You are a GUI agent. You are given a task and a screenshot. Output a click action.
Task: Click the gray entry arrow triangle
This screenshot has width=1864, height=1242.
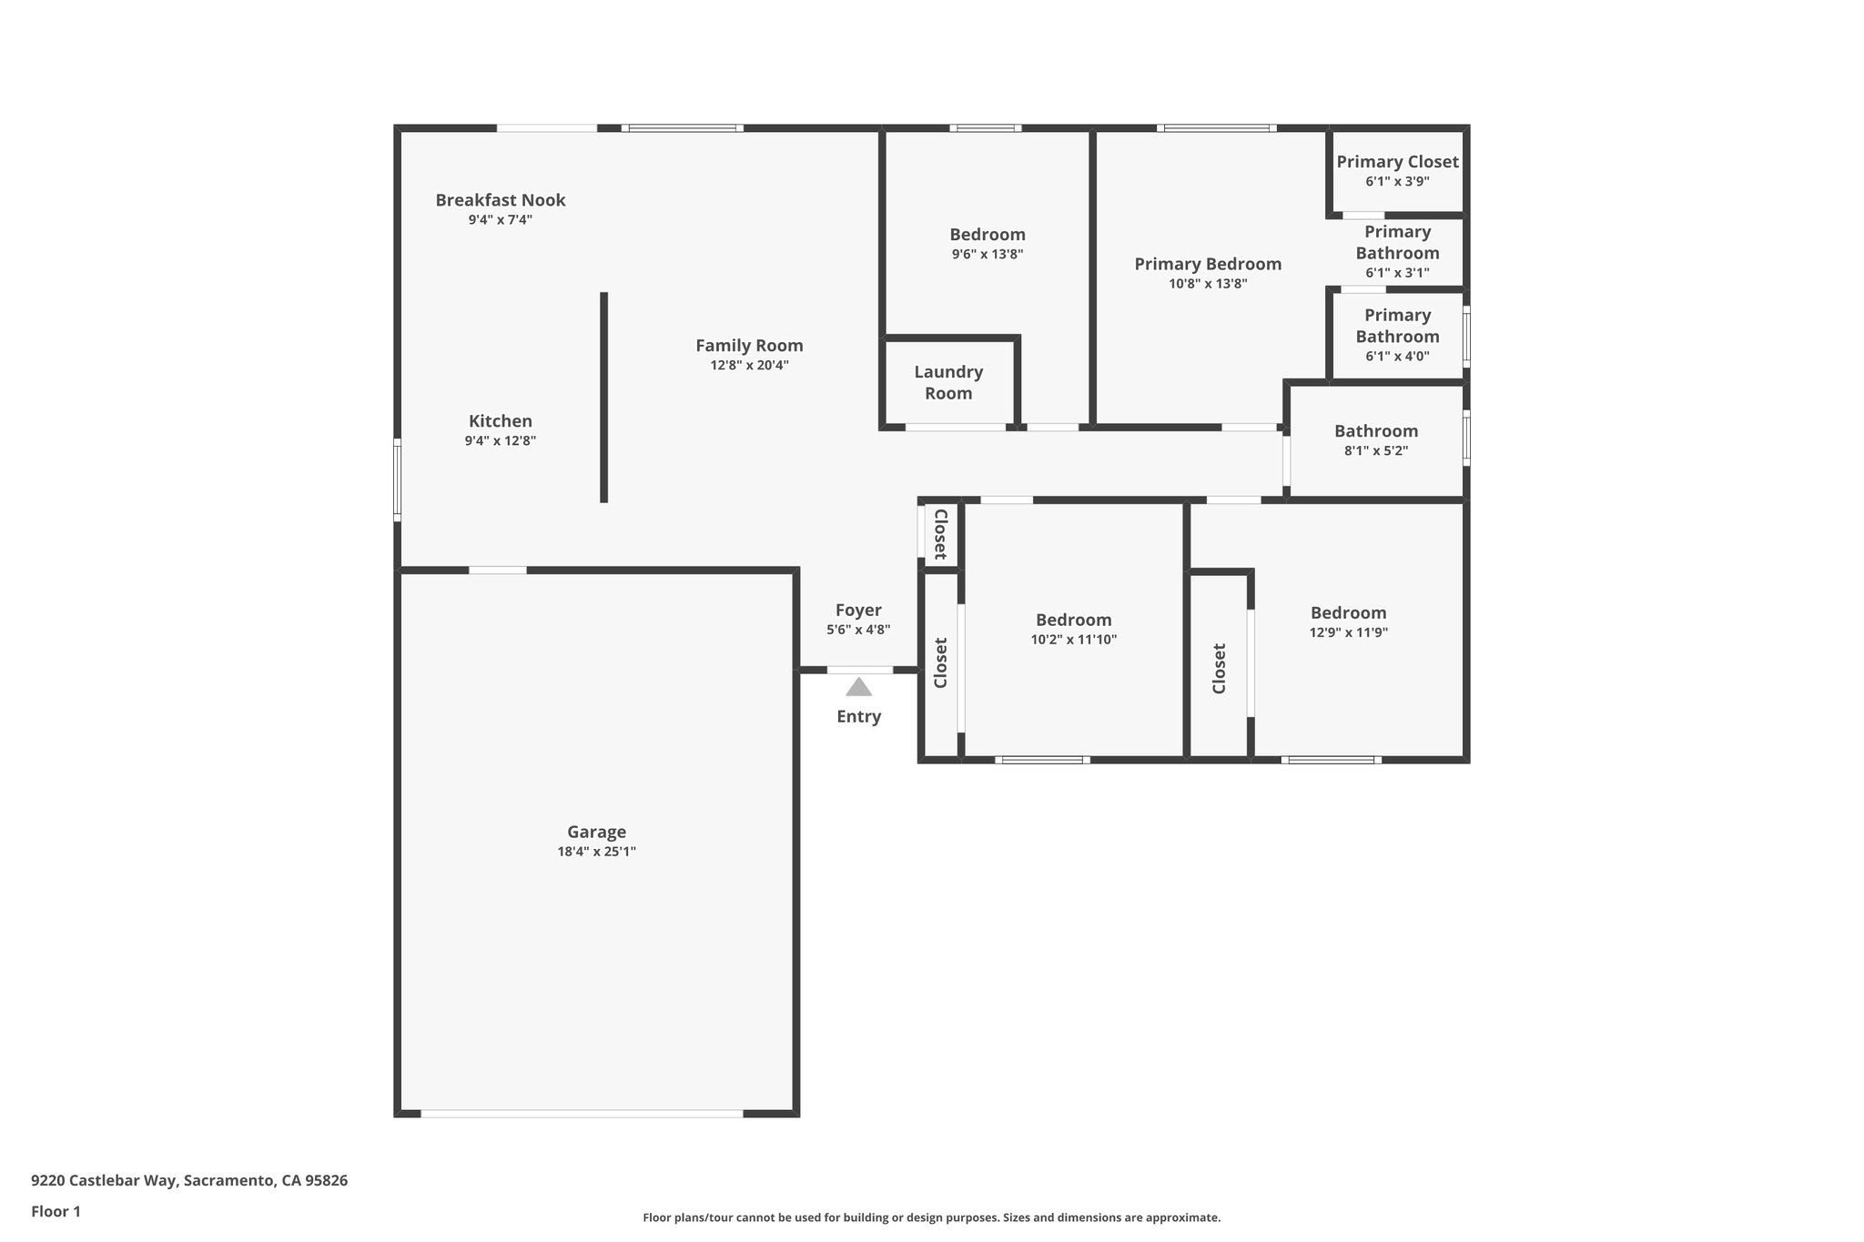(858, 687)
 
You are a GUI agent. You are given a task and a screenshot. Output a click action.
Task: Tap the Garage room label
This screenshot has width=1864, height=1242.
(596, 832)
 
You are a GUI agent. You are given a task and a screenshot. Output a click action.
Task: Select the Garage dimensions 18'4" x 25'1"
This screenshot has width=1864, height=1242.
(596, 852)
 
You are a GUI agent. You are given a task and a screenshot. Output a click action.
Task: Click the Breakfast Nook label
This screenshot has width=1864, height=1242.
(500, 200)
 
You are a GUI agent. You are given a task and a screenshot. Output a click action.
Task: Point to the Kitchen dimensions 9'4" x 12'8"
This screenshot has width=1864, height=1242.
(500, 441)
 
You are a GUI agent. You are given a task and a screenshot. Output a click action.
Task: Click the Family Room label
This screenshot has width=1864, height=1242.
(749, 346)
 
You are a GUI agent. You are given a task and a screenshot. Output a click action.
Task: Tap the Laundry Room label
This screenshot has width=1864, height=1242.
(948, 382)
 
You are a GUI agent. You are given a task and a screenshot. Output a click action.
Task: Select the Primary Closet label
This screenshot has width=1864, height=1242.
(1397, 162)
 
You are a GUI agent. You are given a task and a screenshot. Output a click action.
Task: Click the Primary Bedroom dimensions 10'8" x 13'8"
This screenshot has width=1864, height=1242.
(1208, 284)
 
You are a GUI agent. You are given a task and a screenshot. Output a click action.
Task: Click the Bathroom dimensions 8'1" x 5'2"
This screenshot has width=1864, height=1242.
(1375, 450)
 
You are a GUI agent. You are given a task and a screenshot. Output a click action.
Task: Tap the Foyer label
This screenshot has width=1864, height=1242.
(858, 611)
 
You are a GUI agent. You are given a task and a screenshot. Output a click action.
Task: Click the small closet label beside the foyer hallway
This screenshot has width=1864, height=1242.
(940, 534)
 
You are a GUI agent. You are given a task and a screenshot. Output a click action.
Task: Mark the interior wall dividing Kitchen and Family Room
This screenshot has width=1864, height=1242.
(603, 397)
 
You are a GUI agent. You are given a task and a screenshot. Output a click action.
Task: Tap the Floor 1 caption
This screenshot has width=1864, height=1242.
(56, 1211)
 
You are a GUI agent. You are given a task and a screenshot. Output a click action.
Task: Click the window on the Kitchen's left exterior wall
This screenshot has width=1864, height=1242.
(397, 480)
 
